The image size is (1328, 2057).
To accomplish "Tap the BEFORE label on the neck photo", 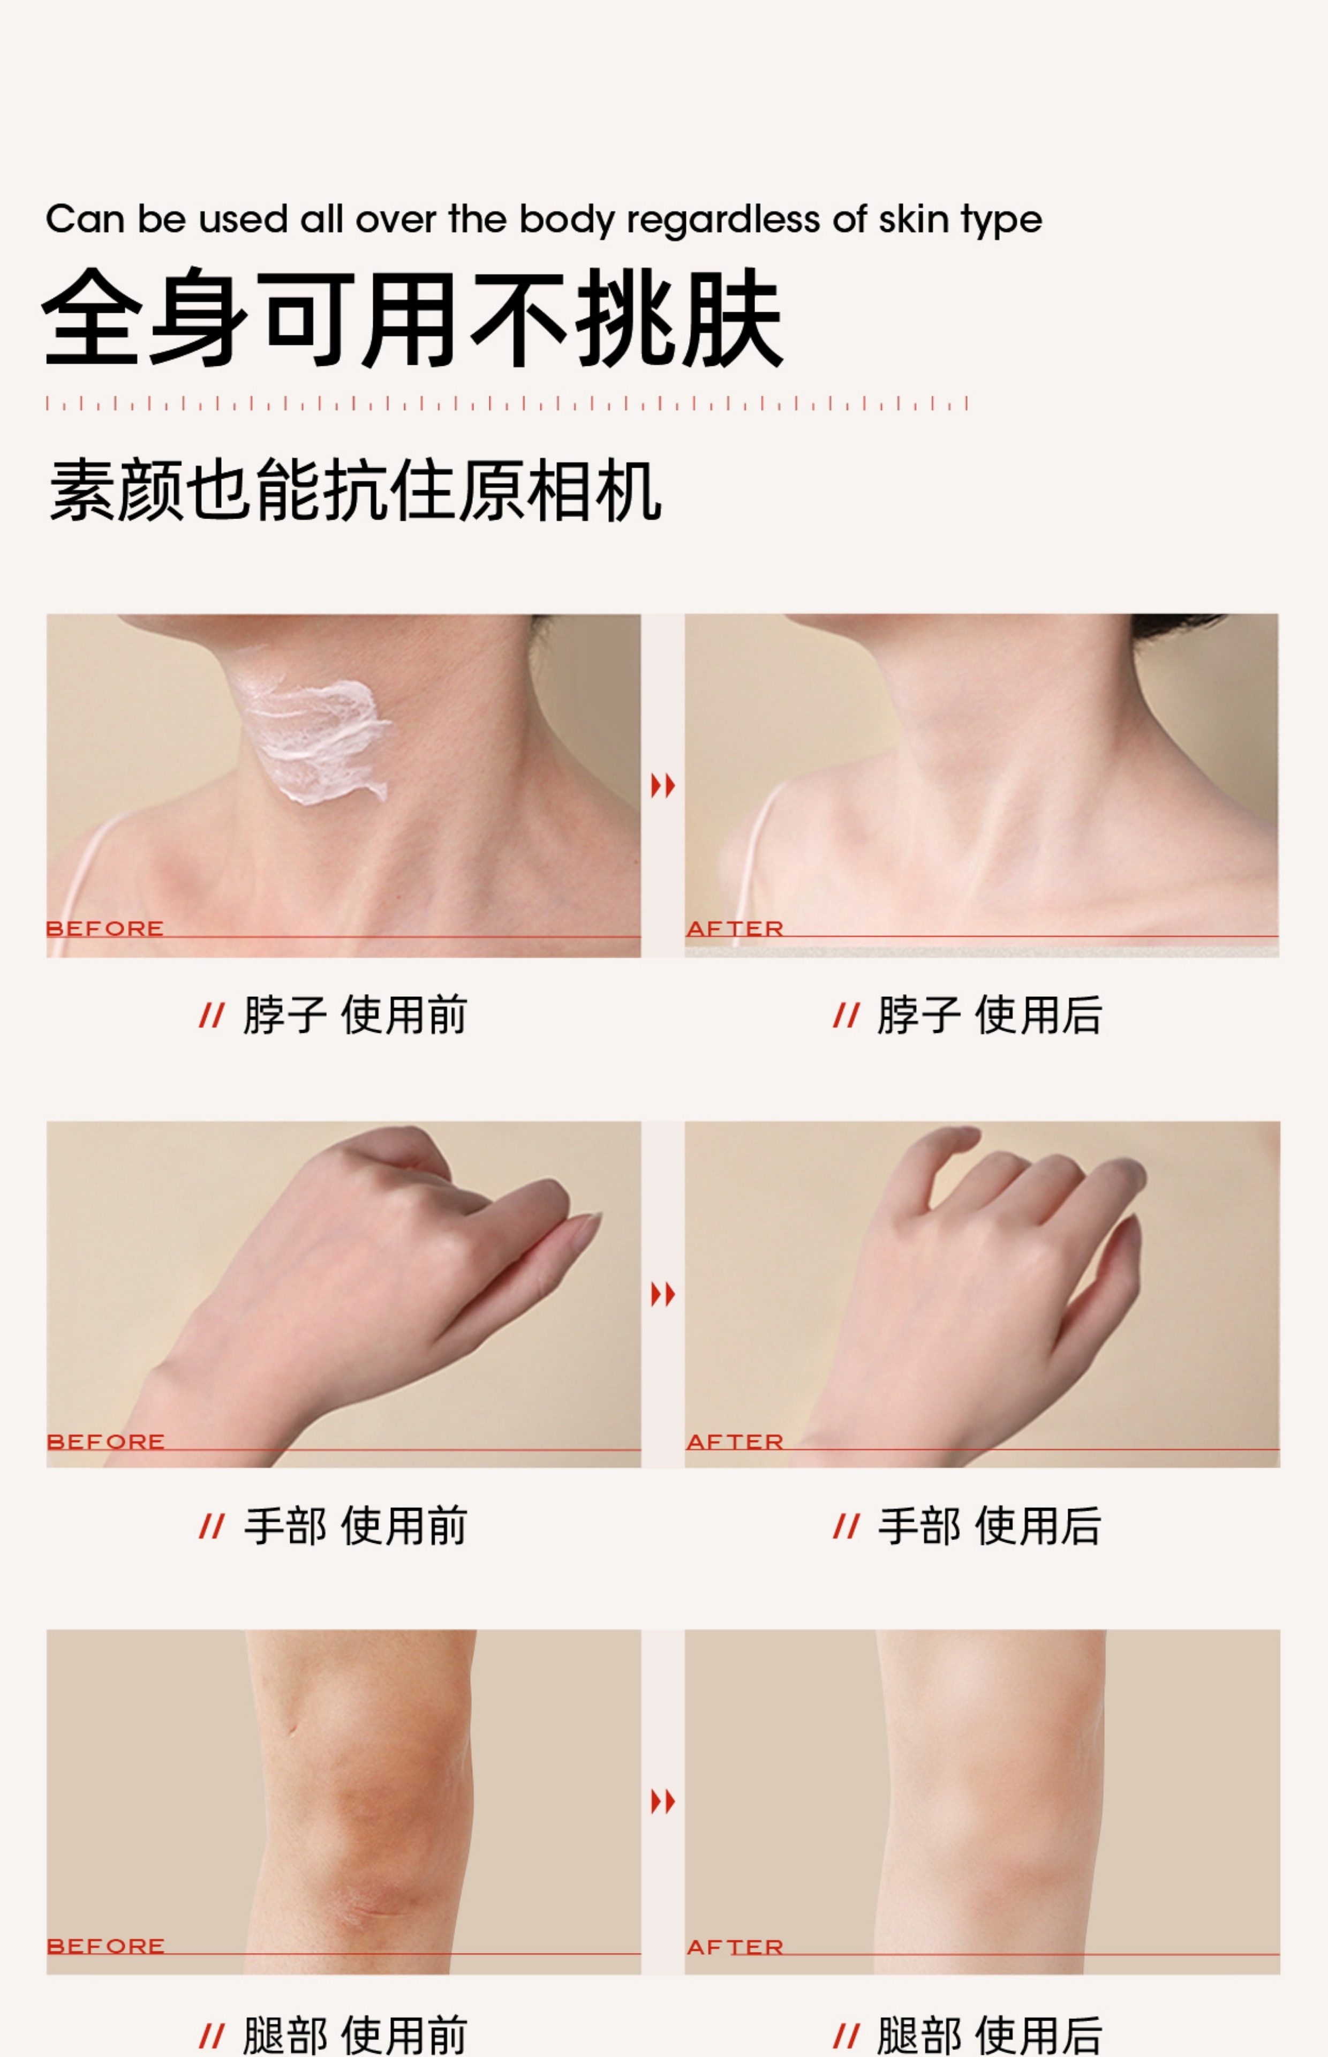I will tap(104, 929).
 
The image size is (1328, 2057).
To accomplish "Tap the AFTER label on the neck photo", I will tap(735, 929).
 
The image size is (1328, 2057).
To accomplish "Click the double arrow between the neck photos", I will tap(662, 786).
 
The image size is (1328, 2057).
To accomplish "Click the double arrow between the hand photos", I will tap(662, 1294).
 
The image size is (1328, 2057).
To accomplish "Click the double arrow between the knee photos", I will tap(662, 1801).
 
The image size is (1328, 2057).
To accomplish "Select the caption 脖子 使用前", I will tap(354, 1015).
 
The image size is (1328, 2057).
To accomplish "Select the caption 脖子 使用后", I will tap(989, 1015).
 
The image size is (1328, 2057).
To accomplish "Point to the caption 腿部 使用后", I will tap(989, 2036).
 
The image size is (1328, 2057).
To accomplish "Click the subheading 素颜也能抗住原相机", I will tap(354, 491).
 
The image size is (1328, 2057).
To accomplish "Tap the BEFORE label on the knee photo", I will tap(105, 1947).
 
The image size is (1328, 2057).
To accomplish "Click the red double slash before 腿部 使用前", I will tap(212, 2037).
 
